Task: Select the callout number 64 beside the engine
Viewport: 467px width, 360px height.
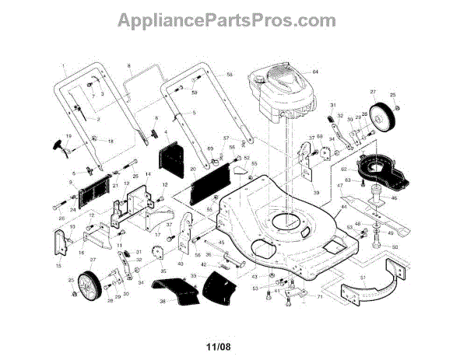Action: click(x=316, y=72)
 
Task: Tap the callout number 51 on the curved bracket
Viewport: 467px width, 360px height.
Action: click(x=362, y=276)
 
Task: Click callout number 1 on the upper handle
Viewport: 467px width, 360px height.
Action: click(x=62, y=63)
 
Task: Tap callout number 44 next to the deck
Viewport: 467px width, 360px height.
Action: click(x=344, y=208)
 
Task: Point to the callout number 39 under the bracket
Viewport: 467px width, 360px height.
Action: click(x=316, y=192)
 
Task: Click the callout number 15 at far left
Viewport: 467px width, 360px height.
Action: click(x=58, y=266)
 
